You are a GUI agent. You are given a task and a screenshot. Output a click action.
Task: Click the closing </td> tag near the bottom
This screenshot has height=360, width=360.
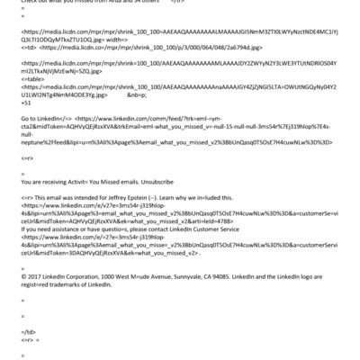click(27, 330)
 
